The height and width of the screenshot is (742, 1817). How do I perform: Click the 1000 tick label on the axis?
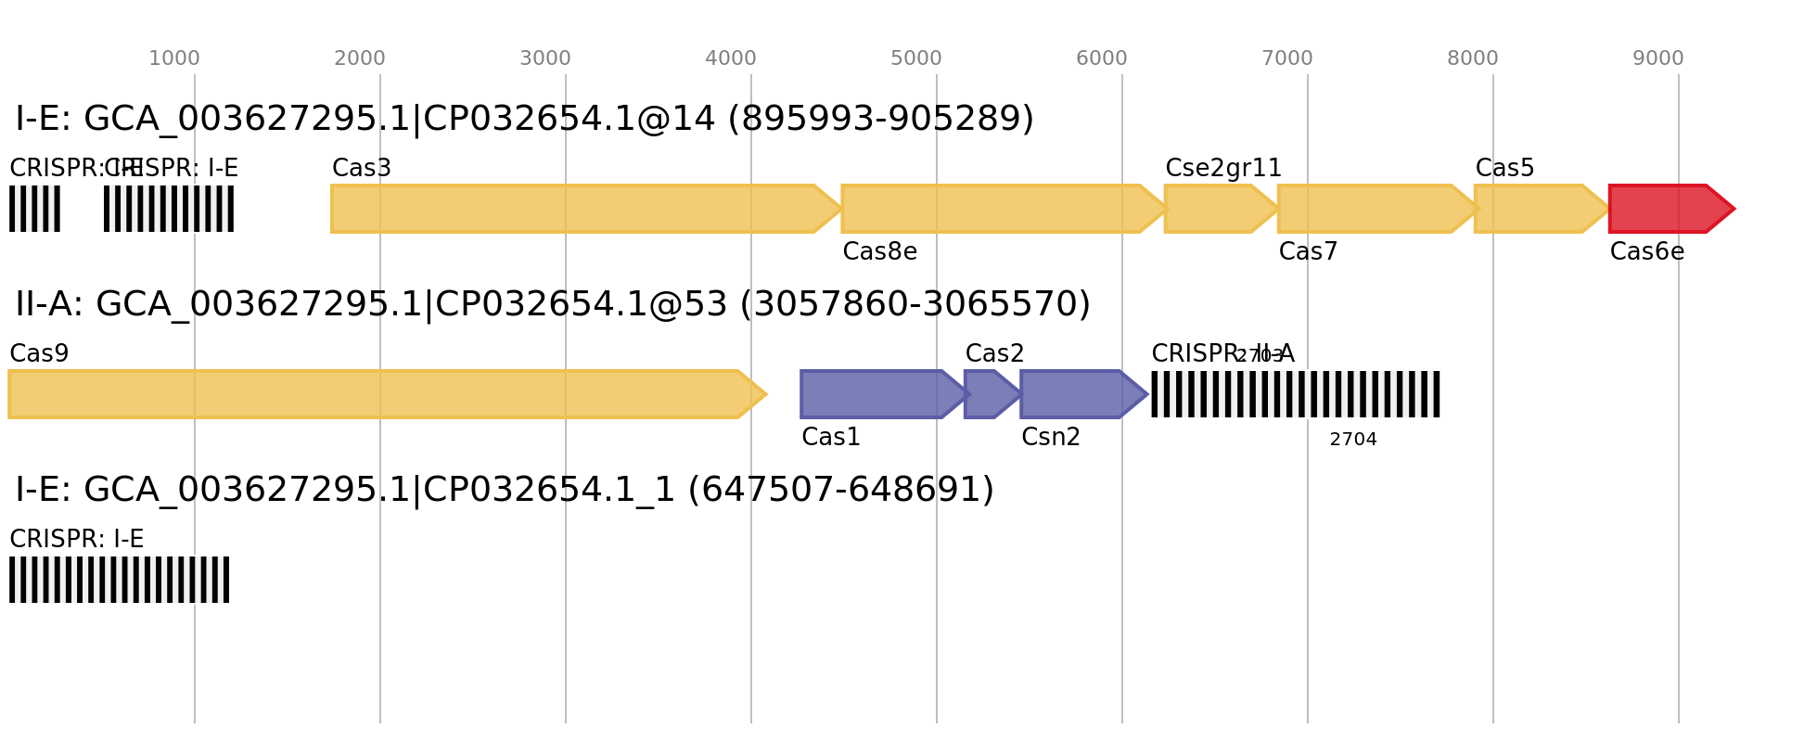click(x=174, y=58)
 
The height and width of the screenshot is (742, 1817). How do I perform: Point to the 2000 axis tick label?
click(x=360, y=58)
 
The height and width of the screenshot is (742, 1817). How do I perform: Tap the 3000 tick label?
click(x=545, y=58)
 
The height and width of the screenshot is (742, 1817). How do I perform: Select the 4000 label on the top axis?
click(x=731, y=58)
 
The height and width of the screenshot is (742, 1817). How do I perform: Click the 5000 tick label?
click(x=916, y=58)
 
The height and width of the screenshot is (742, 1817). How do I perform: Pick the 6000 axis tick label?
click(x=1102, y=58)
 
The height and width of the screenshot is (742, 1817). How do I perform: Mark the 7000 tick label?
click(x=1287, y=58)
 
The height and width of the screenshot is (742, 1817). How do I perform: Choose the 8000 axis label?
click(x=1473, y=58)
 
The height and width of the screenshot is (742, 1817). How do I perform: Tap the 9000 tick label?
click(x=1658, y=58)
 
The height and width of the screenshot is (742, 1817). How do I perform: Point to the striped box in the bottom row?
click(x=119, y=580)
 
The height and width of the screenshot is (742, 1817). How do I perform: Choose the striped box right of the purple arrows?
click(x=1296, y=394)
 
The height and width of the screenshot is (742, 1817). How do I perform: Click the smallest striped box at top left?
click(x=34, y=209)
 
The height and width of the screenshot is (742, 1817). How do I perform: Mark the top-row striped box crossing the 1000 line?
click(x=169, y=209)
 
